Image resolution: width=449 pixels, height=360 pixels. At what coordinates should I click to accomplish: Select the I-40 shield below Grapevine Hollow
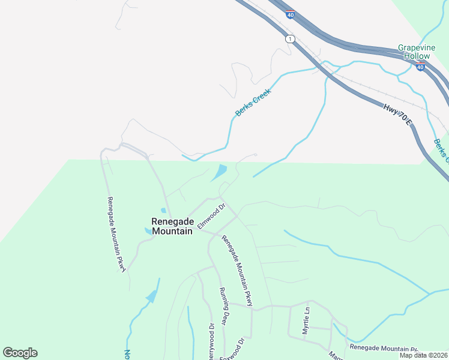tap(420, 67)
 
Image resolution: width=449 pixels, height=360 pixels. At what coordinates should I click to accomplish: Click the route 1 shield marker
tap(291, 39)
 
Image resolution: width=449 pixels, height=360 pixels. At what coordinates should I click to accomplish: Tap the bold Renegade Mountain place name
tap(172, 226)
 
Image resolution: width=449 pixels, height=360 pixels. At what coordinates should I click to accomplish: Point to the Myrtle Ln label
tap(306, 321)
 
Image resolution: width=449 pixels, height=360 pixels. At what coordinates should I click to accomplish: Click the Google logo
tap(20, 353)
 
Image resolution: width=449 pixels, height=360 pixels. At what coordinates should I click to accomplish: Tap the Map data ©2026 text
tap(424, 355)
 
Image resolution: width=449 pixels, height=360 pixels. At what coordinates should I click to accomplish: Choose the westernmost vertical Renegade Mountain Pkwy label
tap(116, 235)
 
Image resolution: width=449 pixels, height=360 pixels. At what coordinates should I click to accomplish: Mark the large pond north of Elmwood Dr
tap(219, 173)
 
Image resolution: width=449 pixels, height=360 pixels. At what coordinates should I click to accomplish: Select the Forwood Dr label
tap(233, 348)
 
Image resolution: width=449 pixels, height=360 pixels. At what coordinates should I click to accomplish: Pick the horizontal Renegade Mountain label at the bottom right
tap(383, 348)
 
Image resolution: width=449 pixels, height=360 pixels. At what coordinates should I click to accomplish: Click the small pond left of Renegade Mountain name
tap(148, 230)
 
